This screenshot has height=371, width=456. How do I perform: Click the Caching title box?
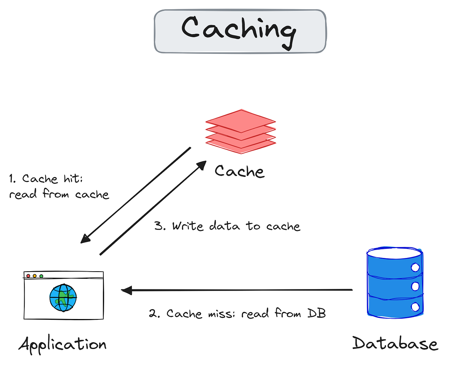click(240, 31)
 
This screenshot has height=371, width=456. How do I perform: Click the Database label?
click(395, 343)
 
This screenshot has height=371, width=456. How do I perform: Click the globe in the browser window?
click(63, 298)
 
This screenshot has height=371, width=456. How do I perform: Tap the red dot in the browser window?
click(28, 276)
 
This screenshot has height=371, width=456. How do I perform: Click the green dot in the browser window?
click(41, 276)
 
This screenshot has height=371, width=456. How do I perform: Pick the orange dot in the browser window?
click(35, 276)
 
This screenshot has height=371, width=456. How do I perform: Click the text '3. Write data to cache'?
click(227, 226)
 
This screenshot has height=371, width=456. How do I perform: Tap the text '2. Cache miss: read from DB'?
click(237, 314)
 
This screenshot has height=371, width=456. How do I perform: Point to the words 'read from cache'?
click(59, 195)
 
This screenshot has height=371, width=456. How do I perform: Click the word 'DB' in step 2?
click(318, 314)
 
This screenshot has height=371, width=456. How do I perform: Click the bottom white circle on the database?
click(415, 306)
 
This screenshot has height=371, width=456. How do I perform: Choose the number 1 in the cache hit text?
click(12, 179)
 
